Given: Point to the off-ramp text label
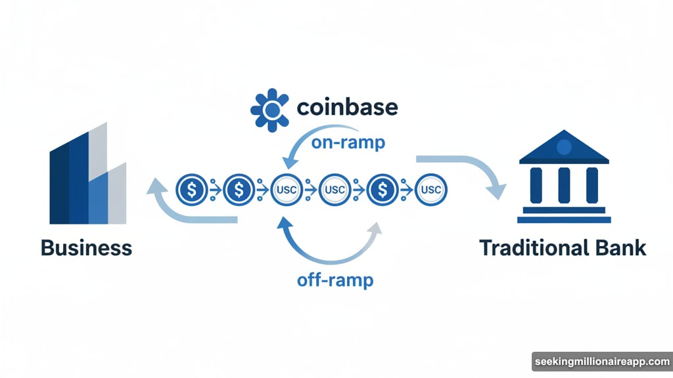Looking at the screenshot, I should point(335,280).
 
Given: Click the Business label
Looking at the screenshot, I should point(86,248).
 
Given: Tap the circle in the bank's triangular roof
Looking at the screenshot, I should point(564,147).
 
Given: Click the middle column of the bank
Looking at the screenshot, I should point(564,184).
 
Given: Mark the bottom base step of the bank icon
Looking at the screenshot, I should point(564,220).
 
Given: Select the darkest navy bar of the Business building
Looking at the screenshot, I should point(60,187).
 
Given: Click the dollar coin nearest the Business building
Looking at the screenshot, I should point(191,190).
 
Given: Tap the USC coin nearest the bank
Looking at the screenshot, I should point(430,190).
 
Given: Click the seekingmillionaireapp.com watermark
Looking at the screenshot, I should point(601,362).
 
